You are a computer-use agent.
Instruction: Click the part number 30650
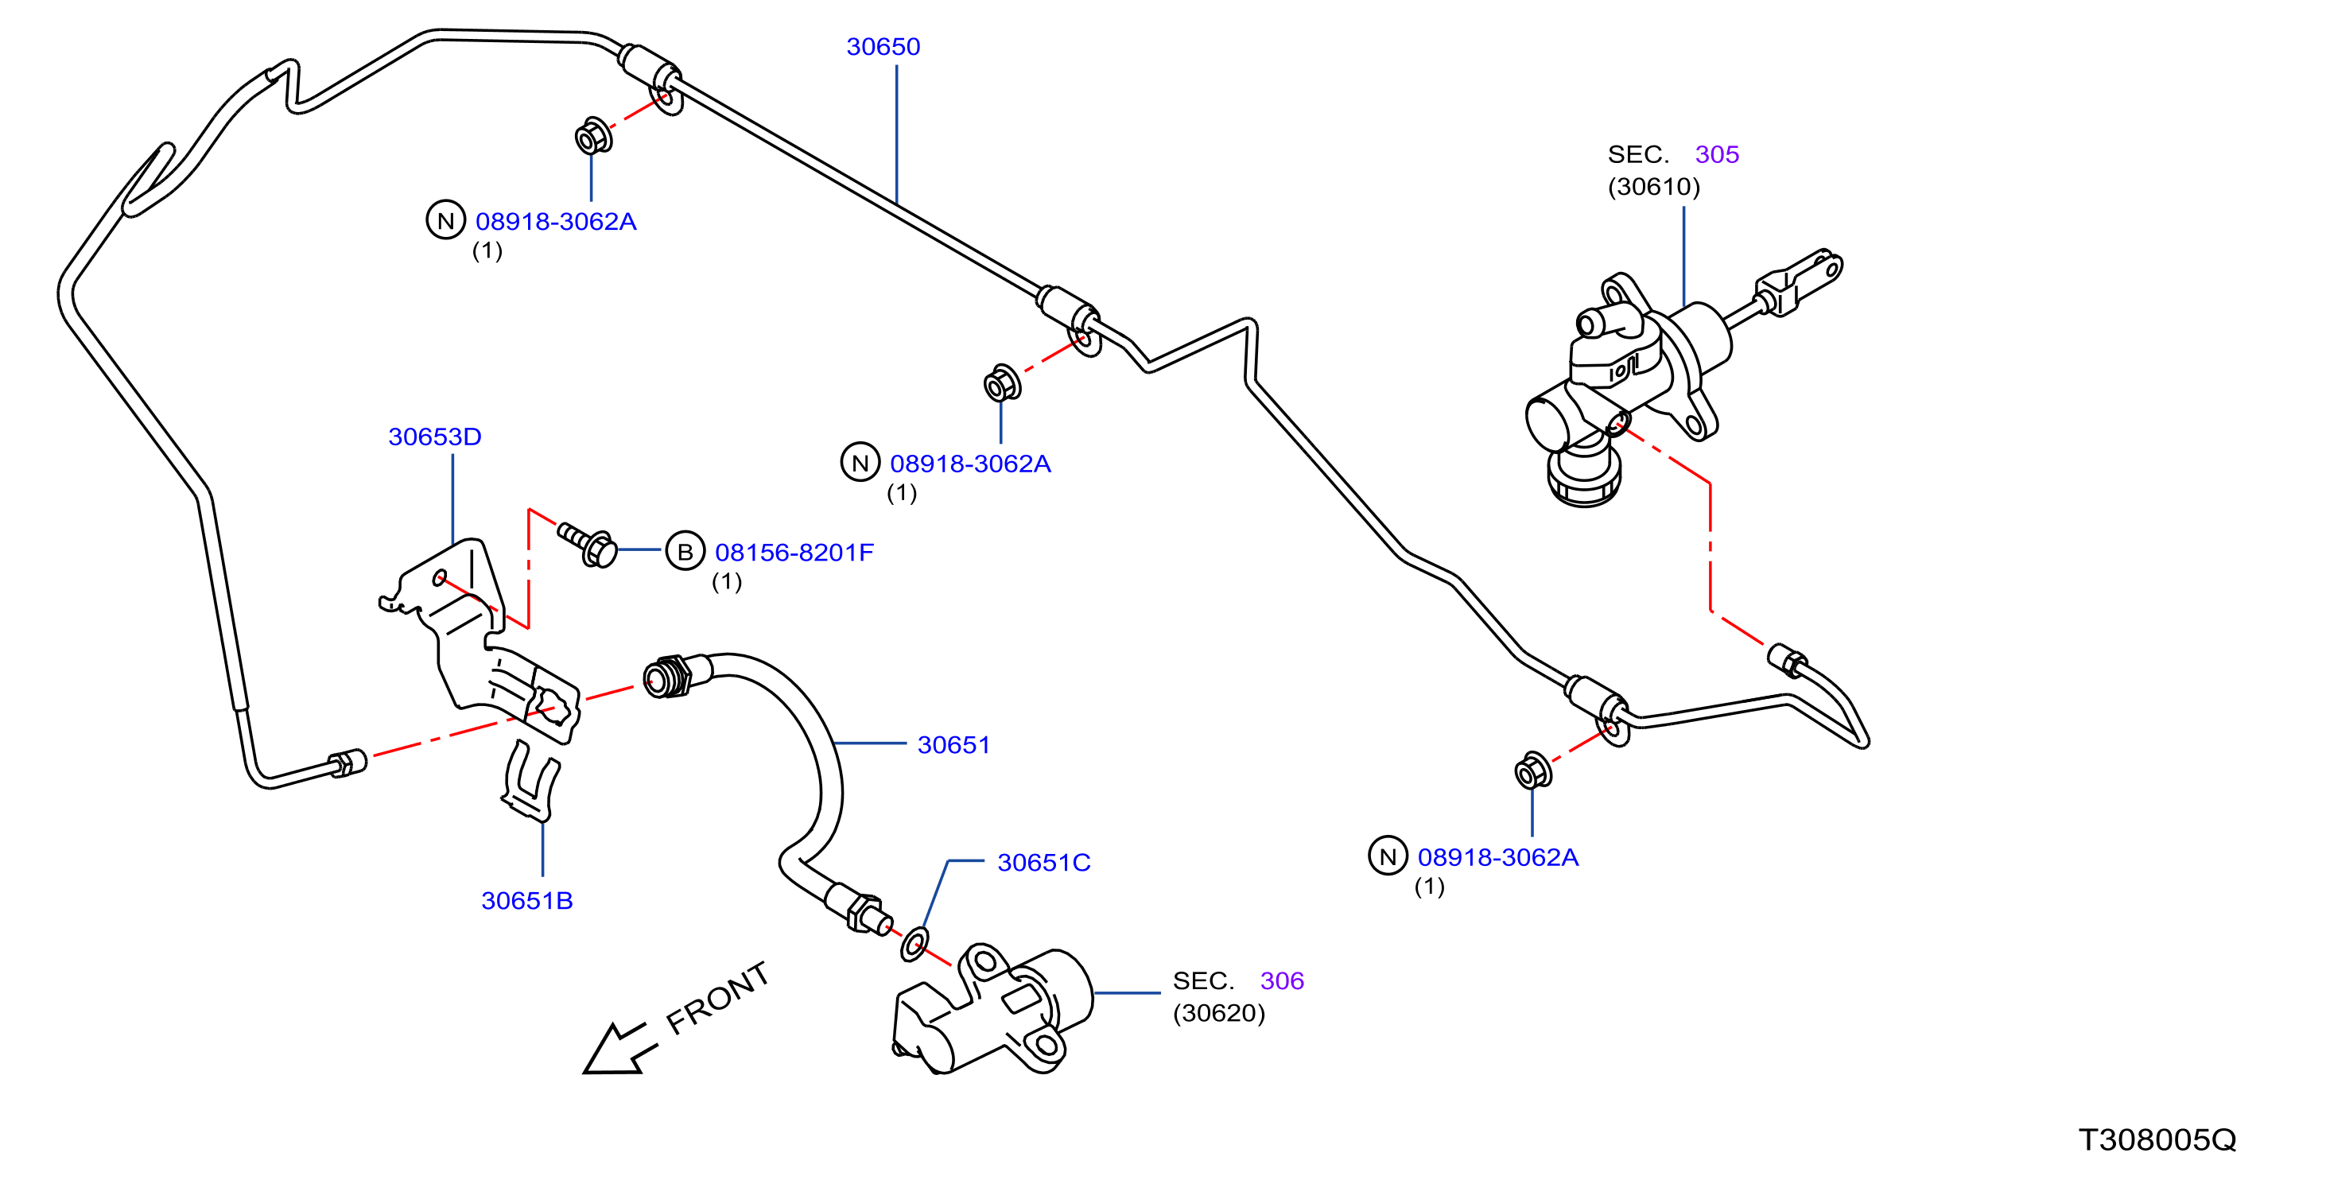883,47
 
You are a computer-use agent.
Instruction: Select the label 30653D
434,437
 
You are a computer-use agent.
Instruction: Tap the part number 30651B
527,901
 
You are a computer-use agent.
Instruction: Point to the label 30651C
1044,863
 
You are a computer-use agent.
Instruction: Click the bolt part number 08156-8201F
794,553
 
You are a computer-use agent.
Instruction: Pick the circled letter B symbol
685,552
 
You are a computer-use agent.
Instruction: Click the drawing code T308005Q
2157,1140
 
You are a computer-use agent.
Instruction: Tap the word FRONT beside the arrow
718,998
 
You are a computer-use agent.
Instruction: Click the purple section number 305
1717,154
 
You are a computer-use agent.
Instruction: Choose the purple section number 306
1282,981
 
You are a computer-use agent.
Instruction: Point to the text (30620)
1219,1014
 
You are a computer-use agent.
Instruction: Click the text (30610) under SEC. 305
1653,187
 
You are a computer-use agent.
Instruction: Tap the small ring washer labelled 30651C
914,945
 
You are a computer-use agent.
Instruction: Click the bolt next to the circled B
588,542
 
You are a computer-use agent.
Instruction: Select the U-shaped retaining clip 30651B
531,782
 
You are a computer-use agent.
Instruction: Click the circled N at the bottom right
1388,857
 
